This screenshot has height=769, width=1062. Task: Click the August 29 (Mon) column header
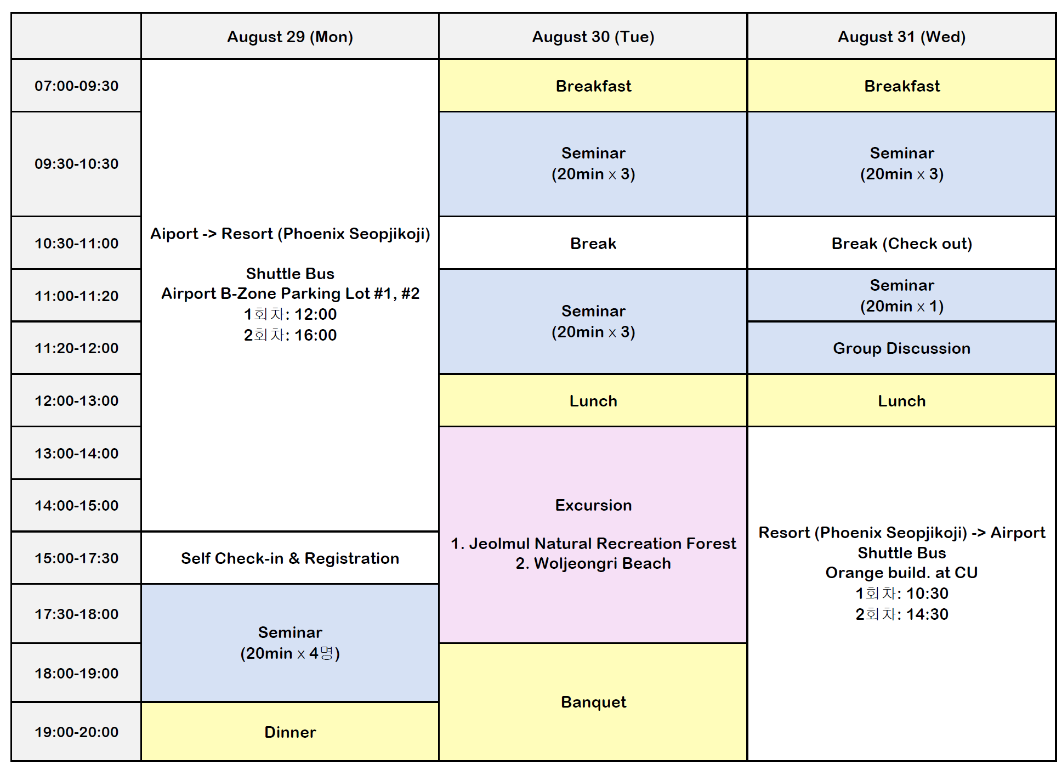click(x=290, y=37)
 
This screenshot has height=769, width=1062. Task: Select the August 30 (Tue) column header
click(x=593, y=37)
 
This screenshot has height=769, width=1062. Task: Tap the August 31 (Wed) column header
click(x=901, y=37)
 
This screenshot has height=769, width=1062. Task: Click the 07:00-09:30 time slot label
click(x=76, y=86)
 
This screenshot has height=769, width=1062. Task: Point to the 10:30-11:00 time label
click(x=76, y=243)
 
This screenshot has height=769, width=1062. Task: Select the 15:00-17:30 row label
click(x=76, y=558)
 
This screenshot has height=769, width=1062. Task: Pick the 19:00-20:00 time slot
click(x=76, y=732)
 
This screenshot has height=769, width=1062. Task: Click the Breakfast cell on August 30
click(x=593, y=86)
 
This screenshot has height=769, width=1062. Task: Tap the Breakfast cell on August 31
click(x=901, y=86)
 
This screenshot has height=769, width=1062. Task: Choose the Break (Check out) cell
click(x=901, y=243)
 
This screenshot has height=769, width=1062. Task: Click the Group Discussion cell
click(x=901, y=348)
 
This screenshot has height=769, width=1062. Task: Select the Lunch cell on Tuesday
click(x=593, y=400)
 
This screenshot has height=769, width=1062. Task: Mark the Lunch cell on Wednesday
click(x=901, y=400)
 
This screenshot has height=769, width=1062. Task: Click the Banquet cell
click(x=593, y=702)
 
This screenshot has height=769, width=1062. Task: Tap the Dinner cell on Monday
click(x=290, y=732)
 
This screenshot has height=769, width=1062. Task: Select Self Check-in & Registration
click(x=290, y=558)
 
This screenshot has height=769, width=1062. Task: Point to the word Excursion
click(x=593, y=505)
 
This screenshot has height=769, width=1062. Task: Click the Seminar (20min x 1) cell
click(x=901, y=295)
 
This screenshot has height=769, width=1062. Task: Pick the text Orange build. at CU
click(x=901, y=573)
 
